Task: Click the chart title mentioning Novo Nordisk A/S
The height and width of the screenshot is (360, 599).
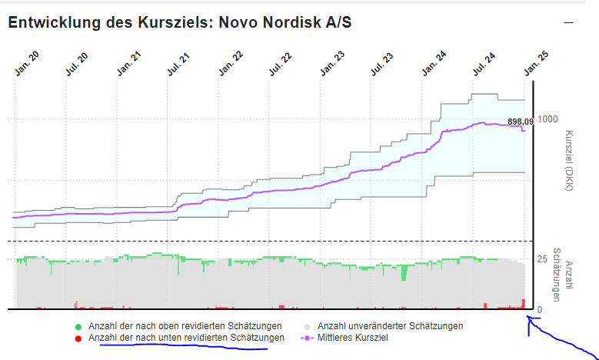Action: [180, 22]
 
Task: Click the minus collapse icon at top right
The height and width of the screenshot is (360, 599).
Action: [568, 22]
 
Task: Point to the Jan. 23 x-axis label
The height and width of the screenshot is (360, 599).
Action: [332, 64]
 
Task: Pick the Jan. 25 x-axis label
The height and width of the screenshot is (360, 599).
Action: [536, 64]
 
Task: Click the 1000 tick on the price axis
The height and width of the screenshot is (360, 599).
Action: [548, 119]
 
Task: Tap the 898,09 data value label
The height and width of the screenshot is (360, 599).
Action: [521, 122]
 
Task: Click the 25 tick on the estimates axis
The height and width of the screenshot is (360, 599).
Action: [542, 259]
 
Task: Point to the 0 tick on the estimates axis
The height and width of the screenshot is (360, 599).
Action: [540, 309]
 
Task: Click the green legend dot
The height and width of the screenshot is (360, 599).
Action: [78, 326]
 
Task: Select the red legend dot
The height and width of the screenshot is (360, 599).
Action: [78, 338]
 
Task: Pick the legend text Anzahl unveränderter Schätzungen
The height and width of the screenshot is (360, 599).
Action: [390, 326]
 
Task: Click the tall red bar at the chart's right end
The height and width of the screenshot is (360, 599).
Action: [524, 304]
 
